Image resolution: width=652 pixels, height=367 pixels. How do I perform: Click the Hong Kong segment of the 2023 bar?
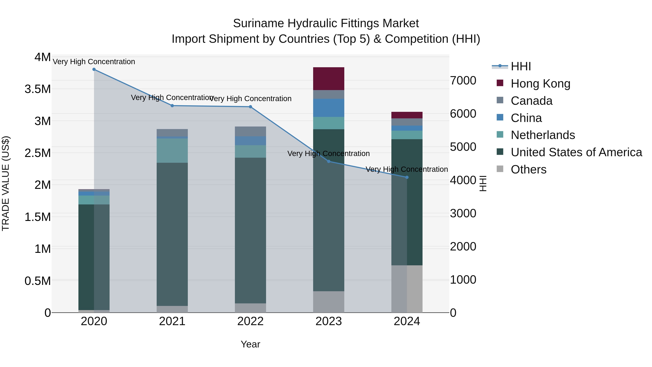pos(329,78)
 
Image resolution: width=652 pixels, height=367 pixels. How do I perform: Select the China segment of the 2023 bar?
pos(329,108)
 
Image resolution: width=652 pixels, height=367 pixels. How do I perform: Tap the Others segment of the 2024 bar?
pos(407,289)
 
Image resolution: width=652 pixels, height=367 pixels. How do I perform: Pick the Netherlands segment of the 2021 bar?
pos(172,150)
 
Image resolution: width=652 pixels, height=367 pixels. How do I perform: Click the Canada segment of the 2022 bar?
pos(250,131)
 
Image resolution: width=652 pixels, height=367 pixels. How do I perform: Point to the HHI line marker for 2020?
pos(94,69)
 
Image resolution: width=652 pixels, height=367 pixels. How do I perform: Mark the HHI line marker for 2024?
pos(407,177)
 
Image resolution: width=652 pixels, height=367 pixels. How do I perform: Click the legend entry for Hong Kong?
pos(540,84)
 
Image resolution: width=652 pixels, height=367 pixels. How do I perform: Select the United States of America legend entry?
pos(576,152)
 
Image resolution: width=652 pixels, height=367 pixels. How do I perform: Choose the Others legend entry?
pos(528,169)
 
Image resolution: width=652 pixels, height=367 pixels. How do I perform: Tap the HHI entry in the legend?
pos(521,66)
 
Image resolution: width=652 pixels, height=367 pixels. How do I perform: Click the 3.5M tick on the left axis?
pos(38,89)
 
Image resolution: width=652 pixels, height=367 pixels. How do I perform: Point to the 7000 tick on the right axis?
pos(463,80)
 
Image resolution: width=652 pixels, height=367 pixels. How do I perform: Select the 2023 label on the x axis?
pos(329,321)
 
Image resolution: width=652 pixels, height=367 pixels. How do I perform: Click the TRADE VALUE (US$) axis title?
pos(6,183)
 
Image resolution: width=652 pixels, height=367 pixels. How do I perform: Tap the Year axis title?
pos(250,344)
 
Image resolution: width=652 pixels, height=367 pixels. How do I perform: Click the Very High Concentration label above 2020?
pos(94,62)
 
